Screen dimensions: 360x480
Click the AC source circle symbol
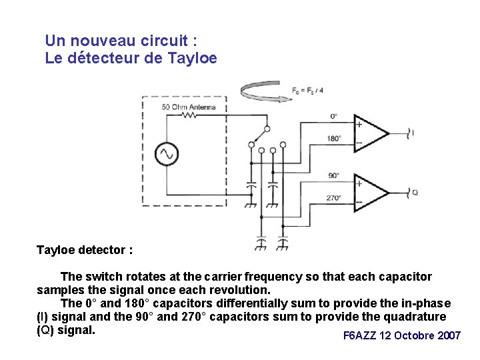tap(165, 155)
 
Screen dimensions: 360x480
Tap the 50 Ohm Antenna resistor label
tap(189, 107)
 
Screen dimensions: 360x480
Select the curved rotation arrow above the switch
tap(266, 92)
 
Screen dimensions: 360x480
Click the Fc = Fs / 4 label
tap(308, 90)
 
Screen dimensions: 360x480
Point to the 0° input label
tap(334, 116)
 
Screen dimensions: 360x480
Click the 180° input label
tap(334, 139)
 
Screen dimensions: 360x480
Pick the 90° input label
tap(334, 175)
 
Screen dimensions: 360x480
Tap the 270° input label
tap(334, 198)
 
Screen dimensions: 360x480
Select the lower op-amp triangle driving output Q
tap(371, 192)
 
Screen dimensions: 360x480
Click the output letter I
tap(413, 133)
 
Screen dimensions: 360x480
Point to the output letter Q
tap(415, 192)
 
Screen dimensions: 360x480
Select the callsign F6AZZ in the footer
tap(359, 335)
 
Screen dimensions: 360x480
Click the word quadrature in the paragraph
tap(414, 317)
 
